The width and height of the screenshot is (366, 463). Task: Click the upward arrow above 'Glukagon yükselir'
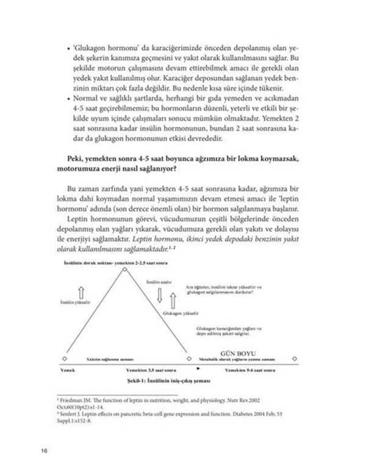(173, 300)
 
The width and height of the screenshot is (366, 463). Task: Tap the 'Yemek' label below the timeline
(68, 370)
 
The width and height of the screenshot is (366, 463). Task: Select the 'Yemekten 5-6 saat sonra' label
(250, 370)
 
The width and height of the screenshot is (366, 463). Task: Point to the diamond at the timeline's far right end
(295, 359)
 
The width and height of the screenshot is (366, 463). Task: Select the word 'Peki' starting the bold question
(63, 158)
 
